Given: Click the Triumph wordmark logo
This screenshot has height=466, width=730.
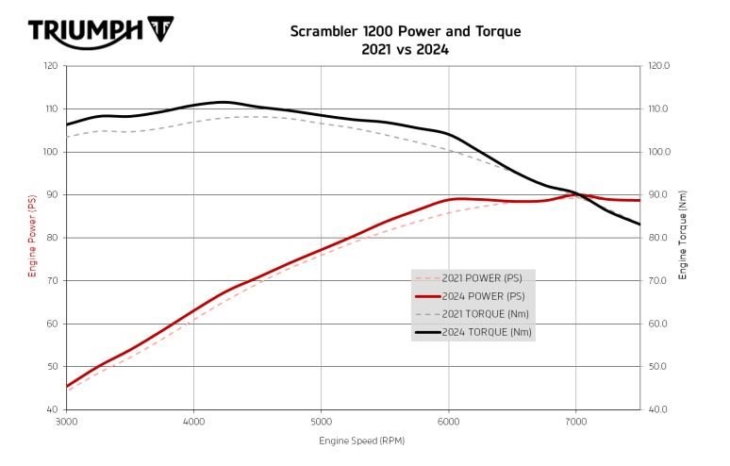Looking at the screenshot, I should click(84, 31).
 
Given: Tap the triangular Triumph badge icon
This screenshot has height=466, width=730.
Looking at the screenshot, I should click(161, 31).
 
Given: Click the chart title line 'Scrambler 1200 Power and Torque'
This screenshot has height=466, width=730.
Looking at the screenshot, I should click(405, 31).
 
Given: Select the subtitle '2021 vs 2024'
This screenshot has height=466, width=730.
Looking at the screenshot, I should click(405, 49).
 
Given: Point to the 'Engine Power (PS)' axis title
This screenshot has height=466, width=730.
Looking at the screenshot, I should click(31, 238).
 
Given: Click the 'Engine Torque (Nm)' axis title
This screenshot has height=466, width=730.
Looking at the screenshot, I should click(682, 238).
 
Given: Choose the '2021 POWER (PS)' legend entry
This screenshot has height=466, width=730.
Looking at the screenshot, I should click(481, 278).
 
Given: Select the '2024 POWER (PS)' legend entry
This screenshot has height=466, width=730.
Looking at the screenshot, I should click(481, 296).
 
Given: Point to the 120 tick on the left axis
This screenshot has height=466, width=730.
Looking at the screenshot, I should click(50, 66).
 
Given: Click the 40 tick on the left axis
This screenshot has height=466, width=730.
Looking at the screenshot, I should click(53, 409).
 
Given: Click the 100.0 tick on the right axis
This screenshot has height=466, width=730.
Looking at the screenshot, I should click(658, 152).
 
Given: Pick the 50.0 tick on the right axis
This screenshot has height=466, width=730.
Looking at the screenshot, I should click(657, 366).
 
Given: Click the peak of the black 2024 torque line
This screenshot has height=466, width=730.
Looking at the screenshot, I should click(223, 102).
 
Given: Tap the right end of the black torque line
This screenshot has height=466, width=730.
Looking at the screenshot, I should click(639, 225).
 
